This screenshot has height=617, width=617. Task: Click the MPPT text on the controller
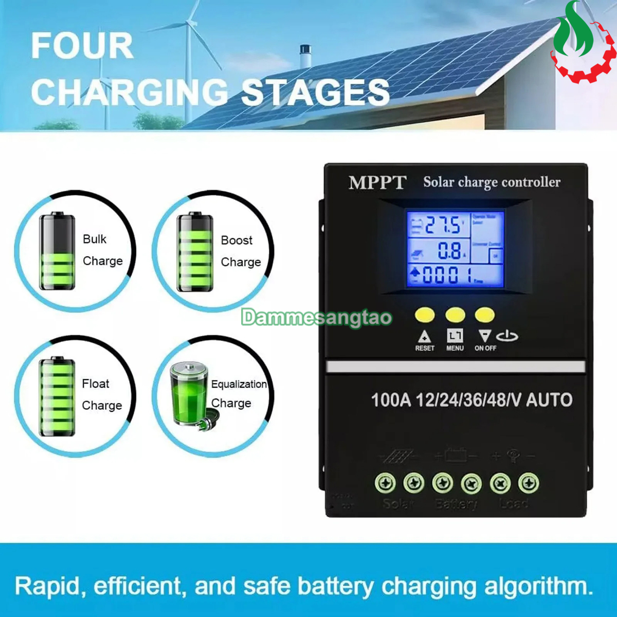(x=377, y=183)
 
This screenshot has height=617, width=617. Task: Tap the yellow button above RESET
(x=425, y=315)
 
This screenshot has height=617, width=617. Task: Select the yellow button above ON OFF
(x=485, y=315)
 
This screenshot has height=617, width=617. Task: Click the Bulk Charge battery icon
(x=57, y=252)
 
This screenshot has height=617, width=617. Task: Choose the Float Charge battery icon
(x=57, y=396)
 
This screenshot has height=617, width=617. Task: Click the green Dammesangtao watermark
(x=316, y=318)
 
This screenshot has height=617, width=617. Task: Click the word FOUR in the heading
(x=82, y=46)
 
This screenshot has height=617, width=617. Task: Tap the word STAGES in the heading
(x=315, y=93)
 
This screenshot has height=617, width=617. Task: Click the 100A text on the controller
(x=391, y=400)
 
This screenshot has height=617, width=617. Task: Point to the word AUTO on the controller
(x=549, y=400)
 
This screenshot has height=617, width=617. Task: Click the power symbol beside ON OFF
(x=507, y=336)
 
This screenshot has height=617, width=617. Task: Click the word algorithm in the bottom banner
(x=538, y=587)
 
